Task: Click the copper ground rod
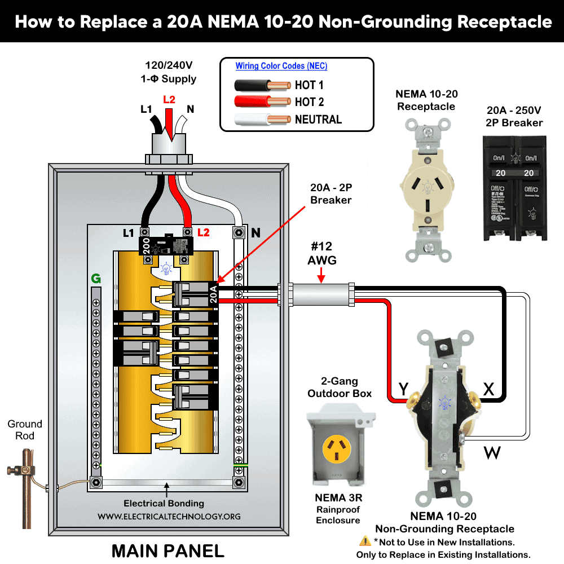[26, 485]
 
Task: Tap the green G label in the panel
[96, 278]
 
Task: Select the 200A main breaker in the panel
[166, 246]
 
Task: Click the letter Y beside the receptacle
[403, 389]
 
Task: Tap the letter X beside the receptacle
[488, 389]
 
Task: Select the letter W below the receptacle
[492, 452]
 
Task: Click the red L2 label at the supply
[169, 100]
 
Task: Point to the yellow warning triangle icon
[364, 541]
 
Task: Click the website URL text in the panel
[169, 516]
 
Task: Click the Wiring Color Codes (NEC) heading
[281, 66]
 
